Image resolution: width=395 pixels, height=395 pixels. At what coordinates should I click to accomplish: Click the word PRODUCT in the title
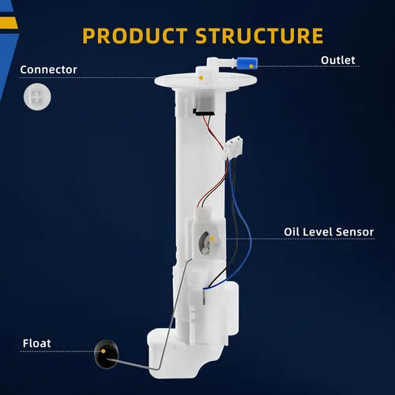(x=135, y=36)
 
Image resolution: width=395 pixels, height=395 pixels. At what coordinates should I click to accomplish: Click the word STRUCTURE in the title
(x=260, y=36)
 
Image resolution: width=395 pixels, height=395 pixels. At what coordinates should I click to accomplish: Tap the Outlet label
(x=338, y=60)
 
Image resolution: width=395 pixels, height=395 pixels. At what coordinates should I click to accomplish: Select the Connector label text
(x=48, y=70)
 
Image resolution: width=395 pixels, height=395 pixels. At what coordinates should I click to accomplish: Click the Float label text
(x=36, y=344)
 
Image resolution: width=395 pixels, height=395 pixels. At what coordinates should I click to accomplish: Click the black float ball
(x=106, y=354)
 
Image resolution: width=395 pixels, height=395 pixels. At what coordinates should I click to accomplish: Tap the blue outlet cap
(x=246, y=63)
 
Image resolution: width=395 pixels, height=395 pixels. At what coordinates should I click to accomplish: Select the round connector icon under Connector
(x=37, y=96)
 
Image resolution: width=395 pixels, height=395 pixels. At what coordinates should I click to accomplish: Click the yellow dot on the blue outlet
(x=251, y=66)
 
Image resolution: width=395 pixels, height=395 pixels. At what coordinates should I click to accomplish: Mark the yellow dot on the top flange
(x=201, y=78)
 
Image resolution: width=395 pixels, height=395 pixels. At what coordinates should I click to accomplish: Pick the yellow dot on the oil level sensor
(x=212, y=239)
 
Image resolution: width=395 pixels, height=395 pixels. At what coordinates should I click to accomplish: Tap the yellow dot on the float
(x=103, y=351)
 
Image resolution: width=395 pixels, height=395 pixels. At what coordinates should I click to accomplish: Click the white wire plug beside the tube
(x=233, y=147)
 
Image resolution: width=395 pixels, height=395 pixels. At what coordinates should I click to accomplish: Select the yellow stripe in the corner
(x=9, y=23)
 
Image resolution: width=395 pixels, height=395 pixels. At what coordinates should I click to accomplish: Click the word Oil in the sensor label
(x=292, y=232)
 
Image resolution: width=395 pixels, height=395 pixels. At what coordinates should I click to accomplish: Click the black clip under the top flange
(x=204, y=112)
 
